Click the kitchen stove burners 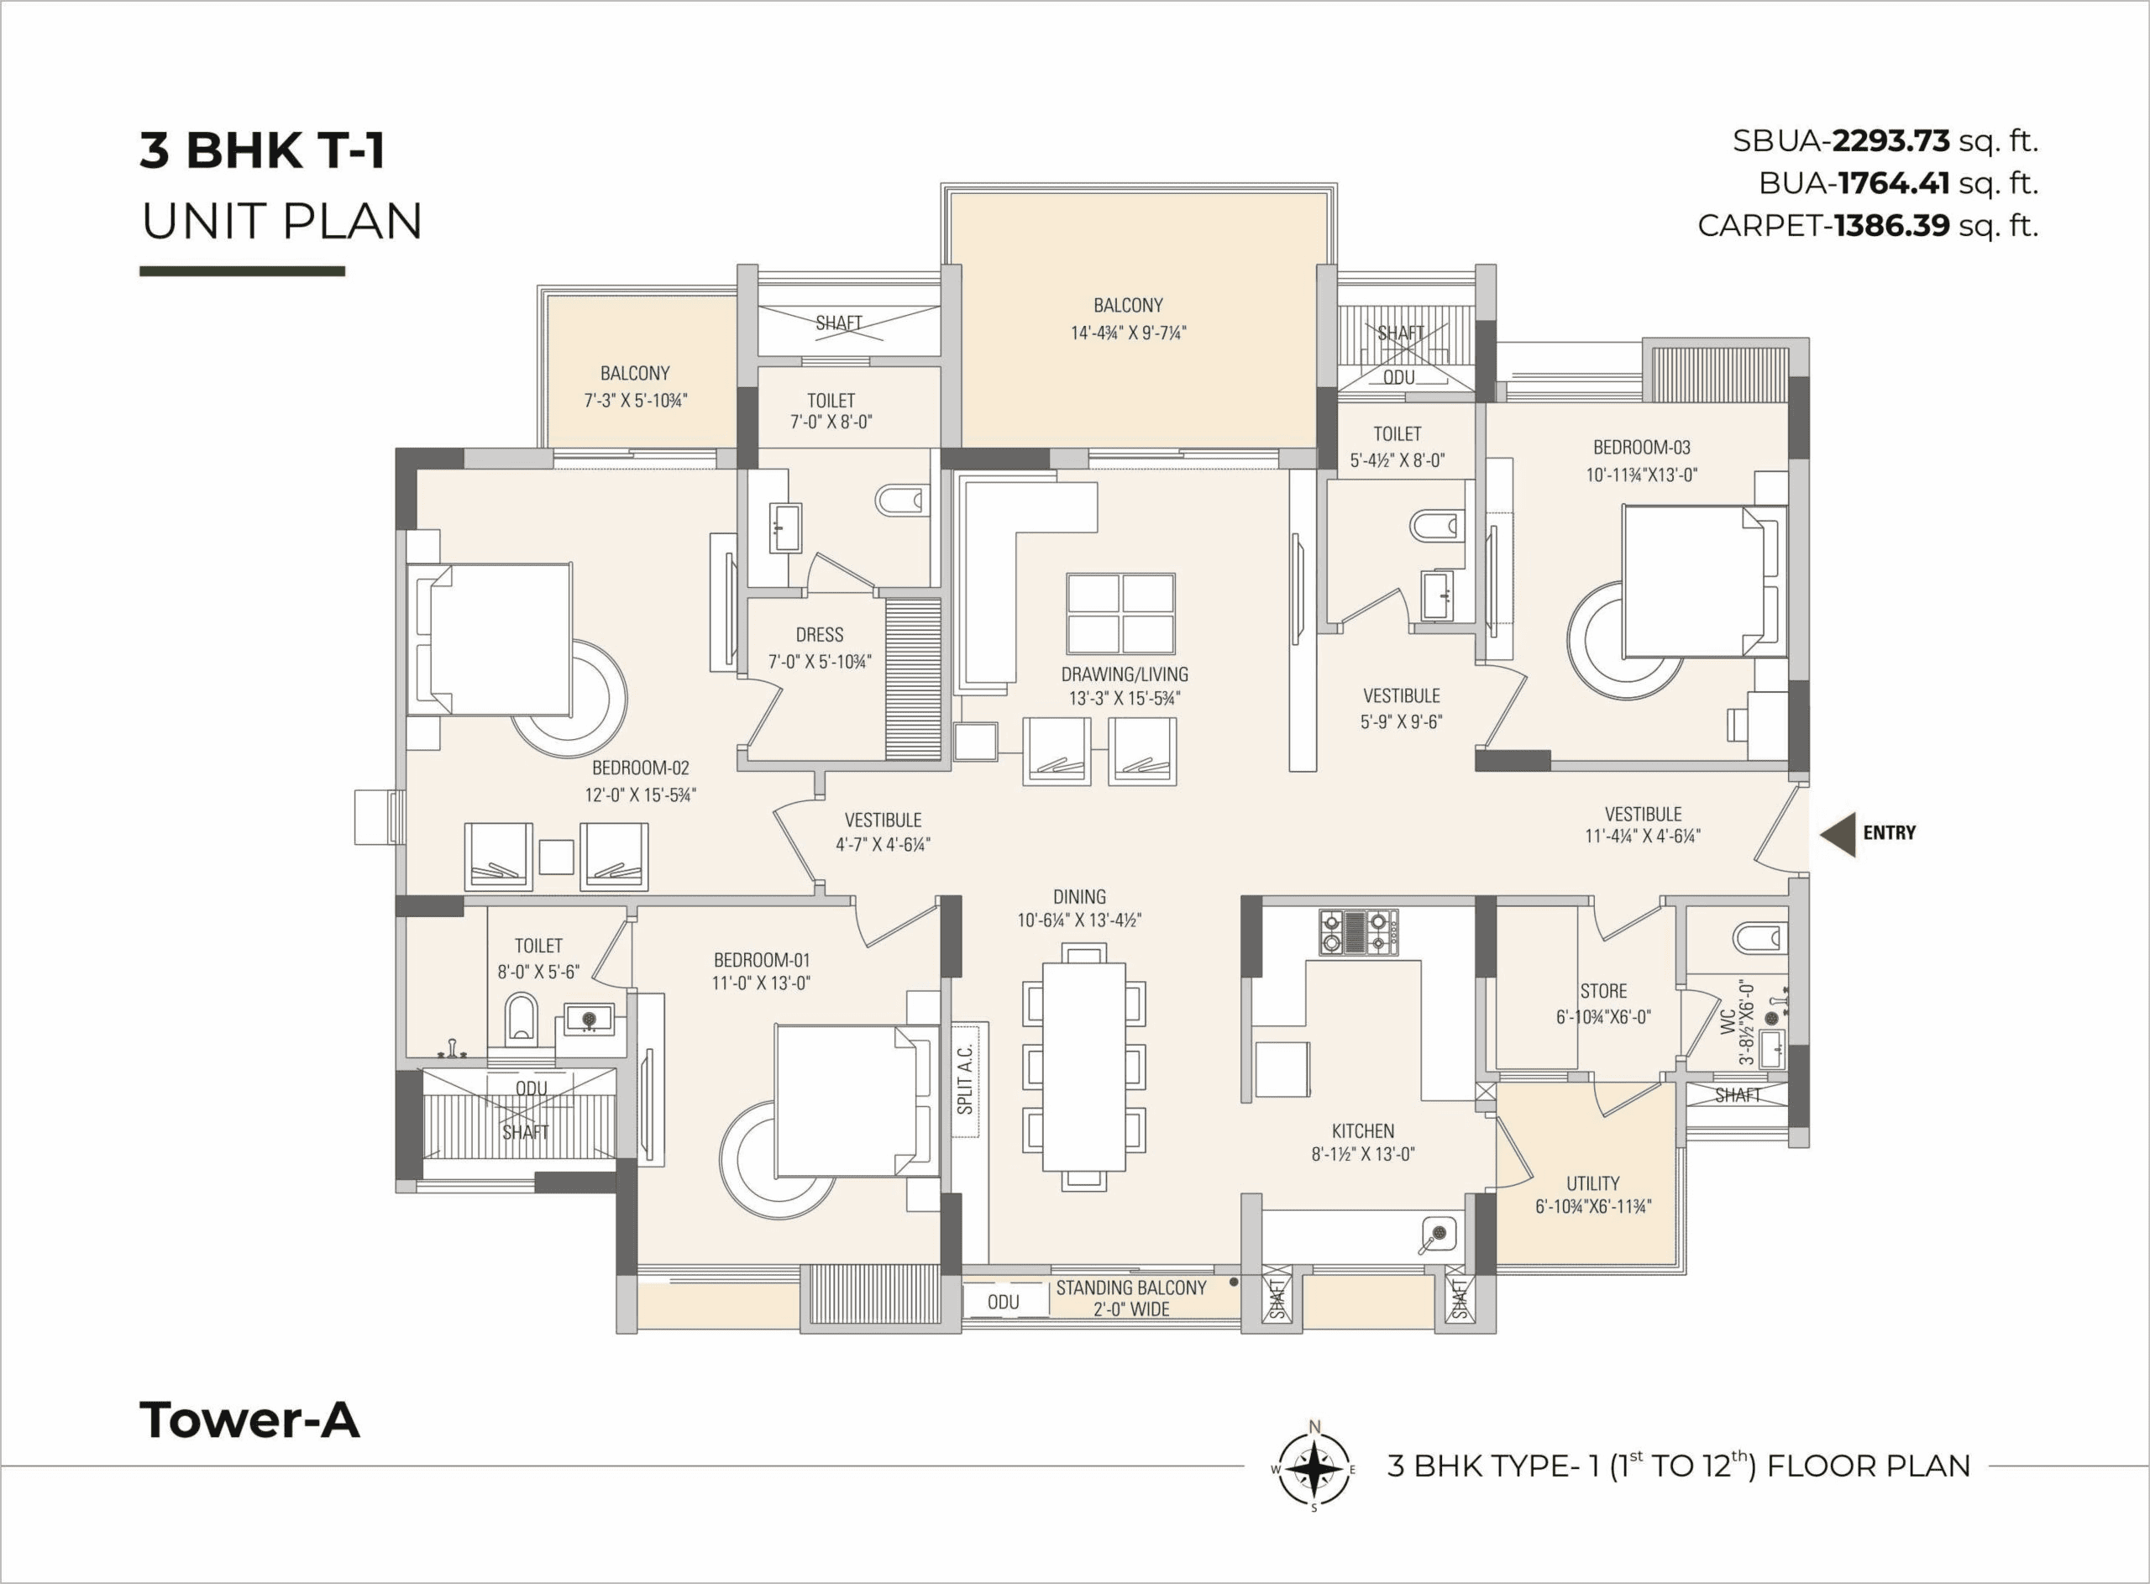point(1358,932)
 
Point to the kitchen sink point(1438,1235)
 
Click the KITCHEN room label point(1363,1130)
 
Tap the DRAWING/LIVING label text point(1125,674)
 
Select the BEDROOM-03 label point(1642,447)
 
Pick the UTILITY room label point(1593,1183)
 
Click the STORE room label point(1603,990)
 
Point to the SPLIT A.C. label point(965,1078)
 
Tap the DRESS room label point(820,635)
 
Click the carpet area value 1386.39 point(1892,225)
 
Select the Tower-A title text point(249,1420)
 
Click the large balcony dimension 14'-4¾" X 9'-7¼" point(1128,333)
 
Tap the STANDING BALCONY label point(1131,1288)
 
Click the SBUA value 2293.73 point(1891,141)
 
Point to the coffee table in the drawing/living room point(1120,614)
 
